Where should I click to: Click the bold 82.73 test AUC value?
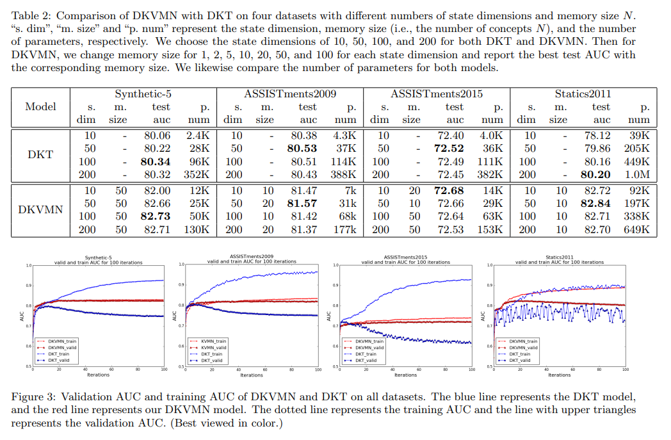(154, 216)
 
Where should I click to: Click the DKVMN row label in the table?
(41, 210)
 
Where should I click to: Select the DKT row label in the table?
(41, 154)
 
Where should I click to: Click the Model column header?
(41, 107)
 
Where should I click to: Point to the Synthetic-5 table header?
(143, 95)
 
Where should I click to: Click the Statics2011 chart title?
(559, 257)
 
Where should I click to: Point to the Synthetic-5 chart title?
(98, 257)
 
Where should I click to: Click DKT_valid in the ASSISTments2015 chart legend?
(368, 360)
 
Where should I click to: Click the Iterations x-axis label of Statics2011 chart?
(559, 375)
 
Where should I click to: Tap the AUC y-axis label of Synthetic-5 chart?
(20, 315)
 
